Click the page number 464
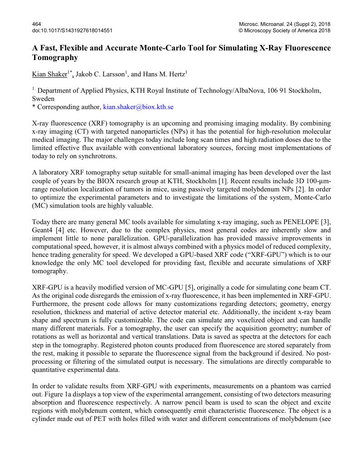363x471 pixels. [37, 24]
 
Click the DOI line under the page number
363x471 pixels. [72, 30]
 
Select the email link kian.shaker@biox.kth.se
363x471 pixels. [138, 107]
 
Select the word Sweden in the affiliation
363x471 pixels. [44, 99]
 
